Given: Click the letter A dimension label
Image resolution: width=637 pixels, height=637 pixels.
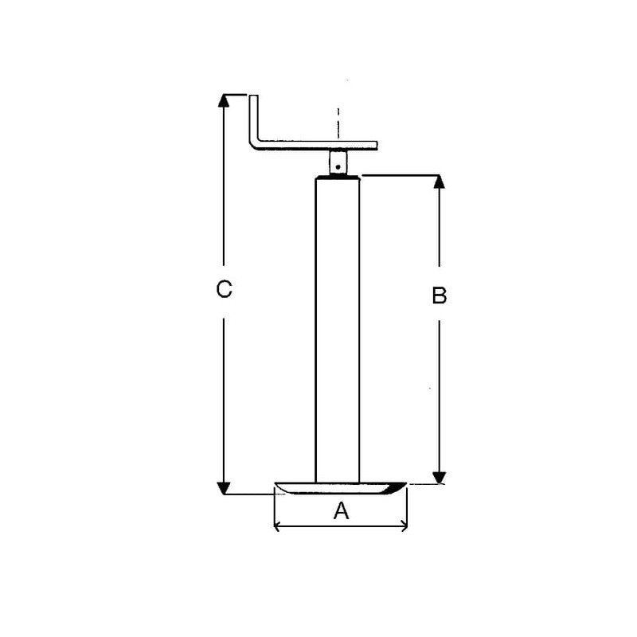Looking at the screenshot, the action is [341, 510].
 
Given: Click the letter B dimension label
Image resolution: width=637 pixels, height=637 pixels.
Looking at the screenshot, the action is [440, 295].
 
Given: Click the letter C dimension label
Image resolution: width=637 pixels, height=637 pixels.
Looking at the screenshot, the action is [224, 289].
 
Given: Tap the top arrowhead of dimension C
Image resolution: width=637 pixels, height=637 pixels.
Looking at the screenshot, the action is [224, 100].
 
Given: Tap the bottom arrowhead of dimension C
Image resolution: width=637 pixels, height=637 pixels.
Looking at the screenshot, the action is [224, 488].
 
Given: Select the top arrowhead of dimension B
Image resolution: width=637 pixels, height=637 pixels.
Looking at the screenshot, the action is [439, 182].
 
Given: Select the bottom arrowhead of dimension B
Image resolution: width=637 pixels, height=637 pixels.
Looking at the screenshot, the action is [440, 478].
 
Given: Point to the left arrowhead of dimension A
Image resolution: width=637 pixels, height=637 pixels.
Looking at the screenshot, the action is [277, 526].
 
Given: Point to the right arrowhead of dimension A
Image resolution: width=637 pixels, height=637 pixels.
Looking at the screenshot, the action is [404, 526].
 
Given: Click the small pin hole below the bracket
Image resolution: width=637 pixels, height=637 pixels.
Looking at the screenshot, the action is [338, 166].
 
